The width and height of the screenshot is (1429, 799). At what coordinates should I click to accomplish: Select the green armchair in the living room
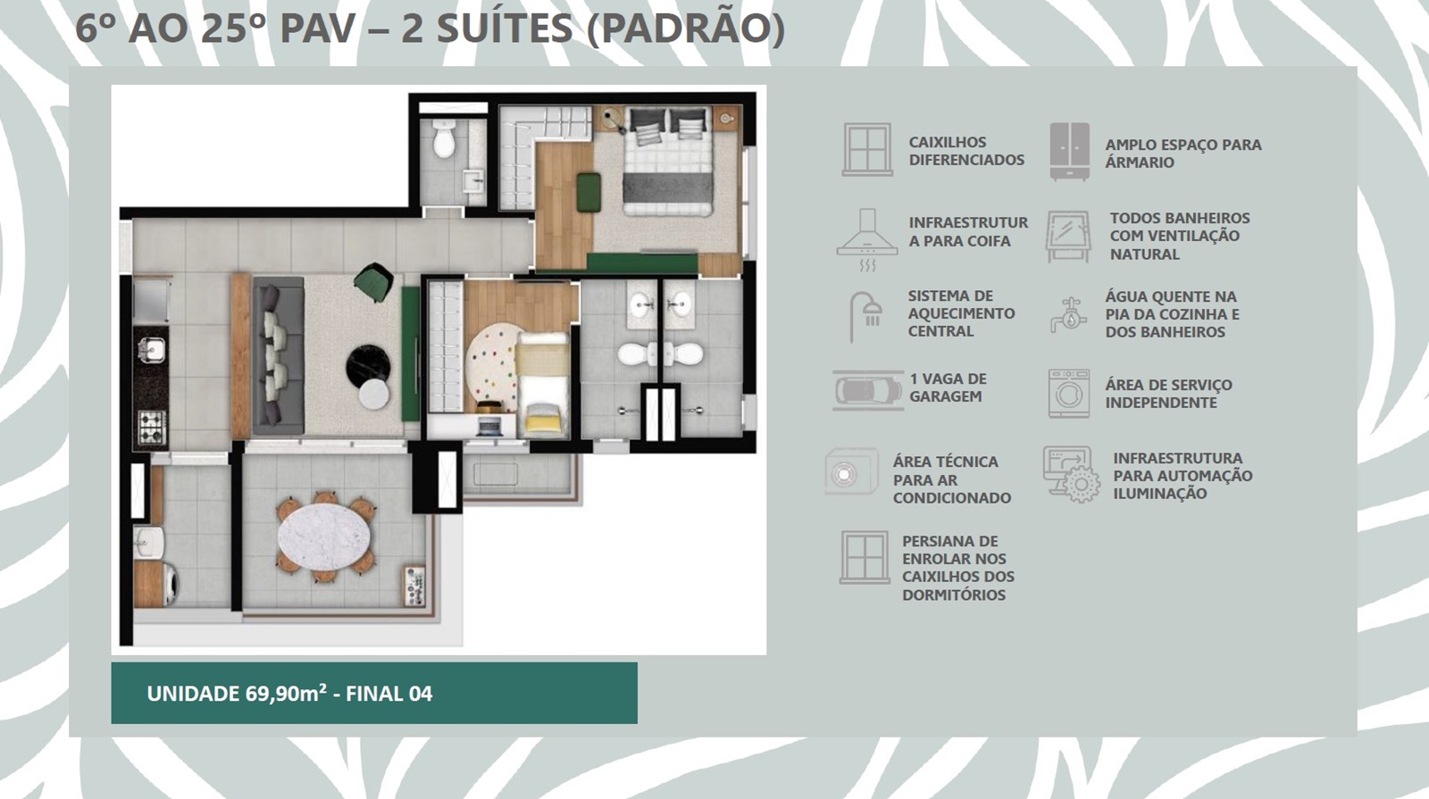(374, 281)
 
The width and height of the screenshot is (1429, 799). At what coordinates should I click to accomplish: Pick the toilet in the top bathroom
(444, 139)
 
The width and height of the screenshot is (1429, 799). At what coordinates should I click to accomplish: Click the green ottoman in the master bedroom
(589, 191)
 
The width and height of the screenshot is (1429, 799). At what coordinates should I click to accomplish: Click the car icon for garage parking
(867, 390)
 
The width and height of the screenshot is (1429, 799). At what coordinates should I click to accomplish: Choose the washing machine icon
(1069, 394)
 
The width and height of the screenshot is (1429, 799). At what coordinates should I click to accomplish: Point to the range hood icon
(867, 240)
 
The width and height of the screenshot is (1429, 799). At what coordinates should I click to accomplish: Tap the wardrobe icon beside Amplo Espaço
(1070, 151)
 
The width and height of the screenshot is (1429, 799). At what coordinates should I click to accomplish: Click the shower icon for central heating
(865, 317)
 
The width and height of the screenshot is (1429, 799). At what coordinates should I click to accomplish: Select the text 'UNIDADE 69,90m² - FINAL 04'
(289, 693)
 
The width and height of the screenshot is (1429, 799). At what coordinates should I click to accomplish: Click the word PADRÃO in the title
(686, 28)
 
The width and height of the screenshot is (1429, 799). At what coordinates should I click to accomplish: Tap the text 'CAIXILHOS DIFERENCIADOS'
(966, 151)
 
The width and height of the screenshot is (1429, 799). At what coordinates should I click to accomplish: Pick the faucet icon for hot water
(1068, 314)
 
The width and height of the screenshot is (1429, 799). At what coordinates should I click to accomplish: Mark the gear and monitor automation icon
(1072, 474)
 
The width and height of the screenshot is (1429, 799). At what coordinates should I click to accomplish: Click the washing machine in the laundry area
(168, 584)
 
